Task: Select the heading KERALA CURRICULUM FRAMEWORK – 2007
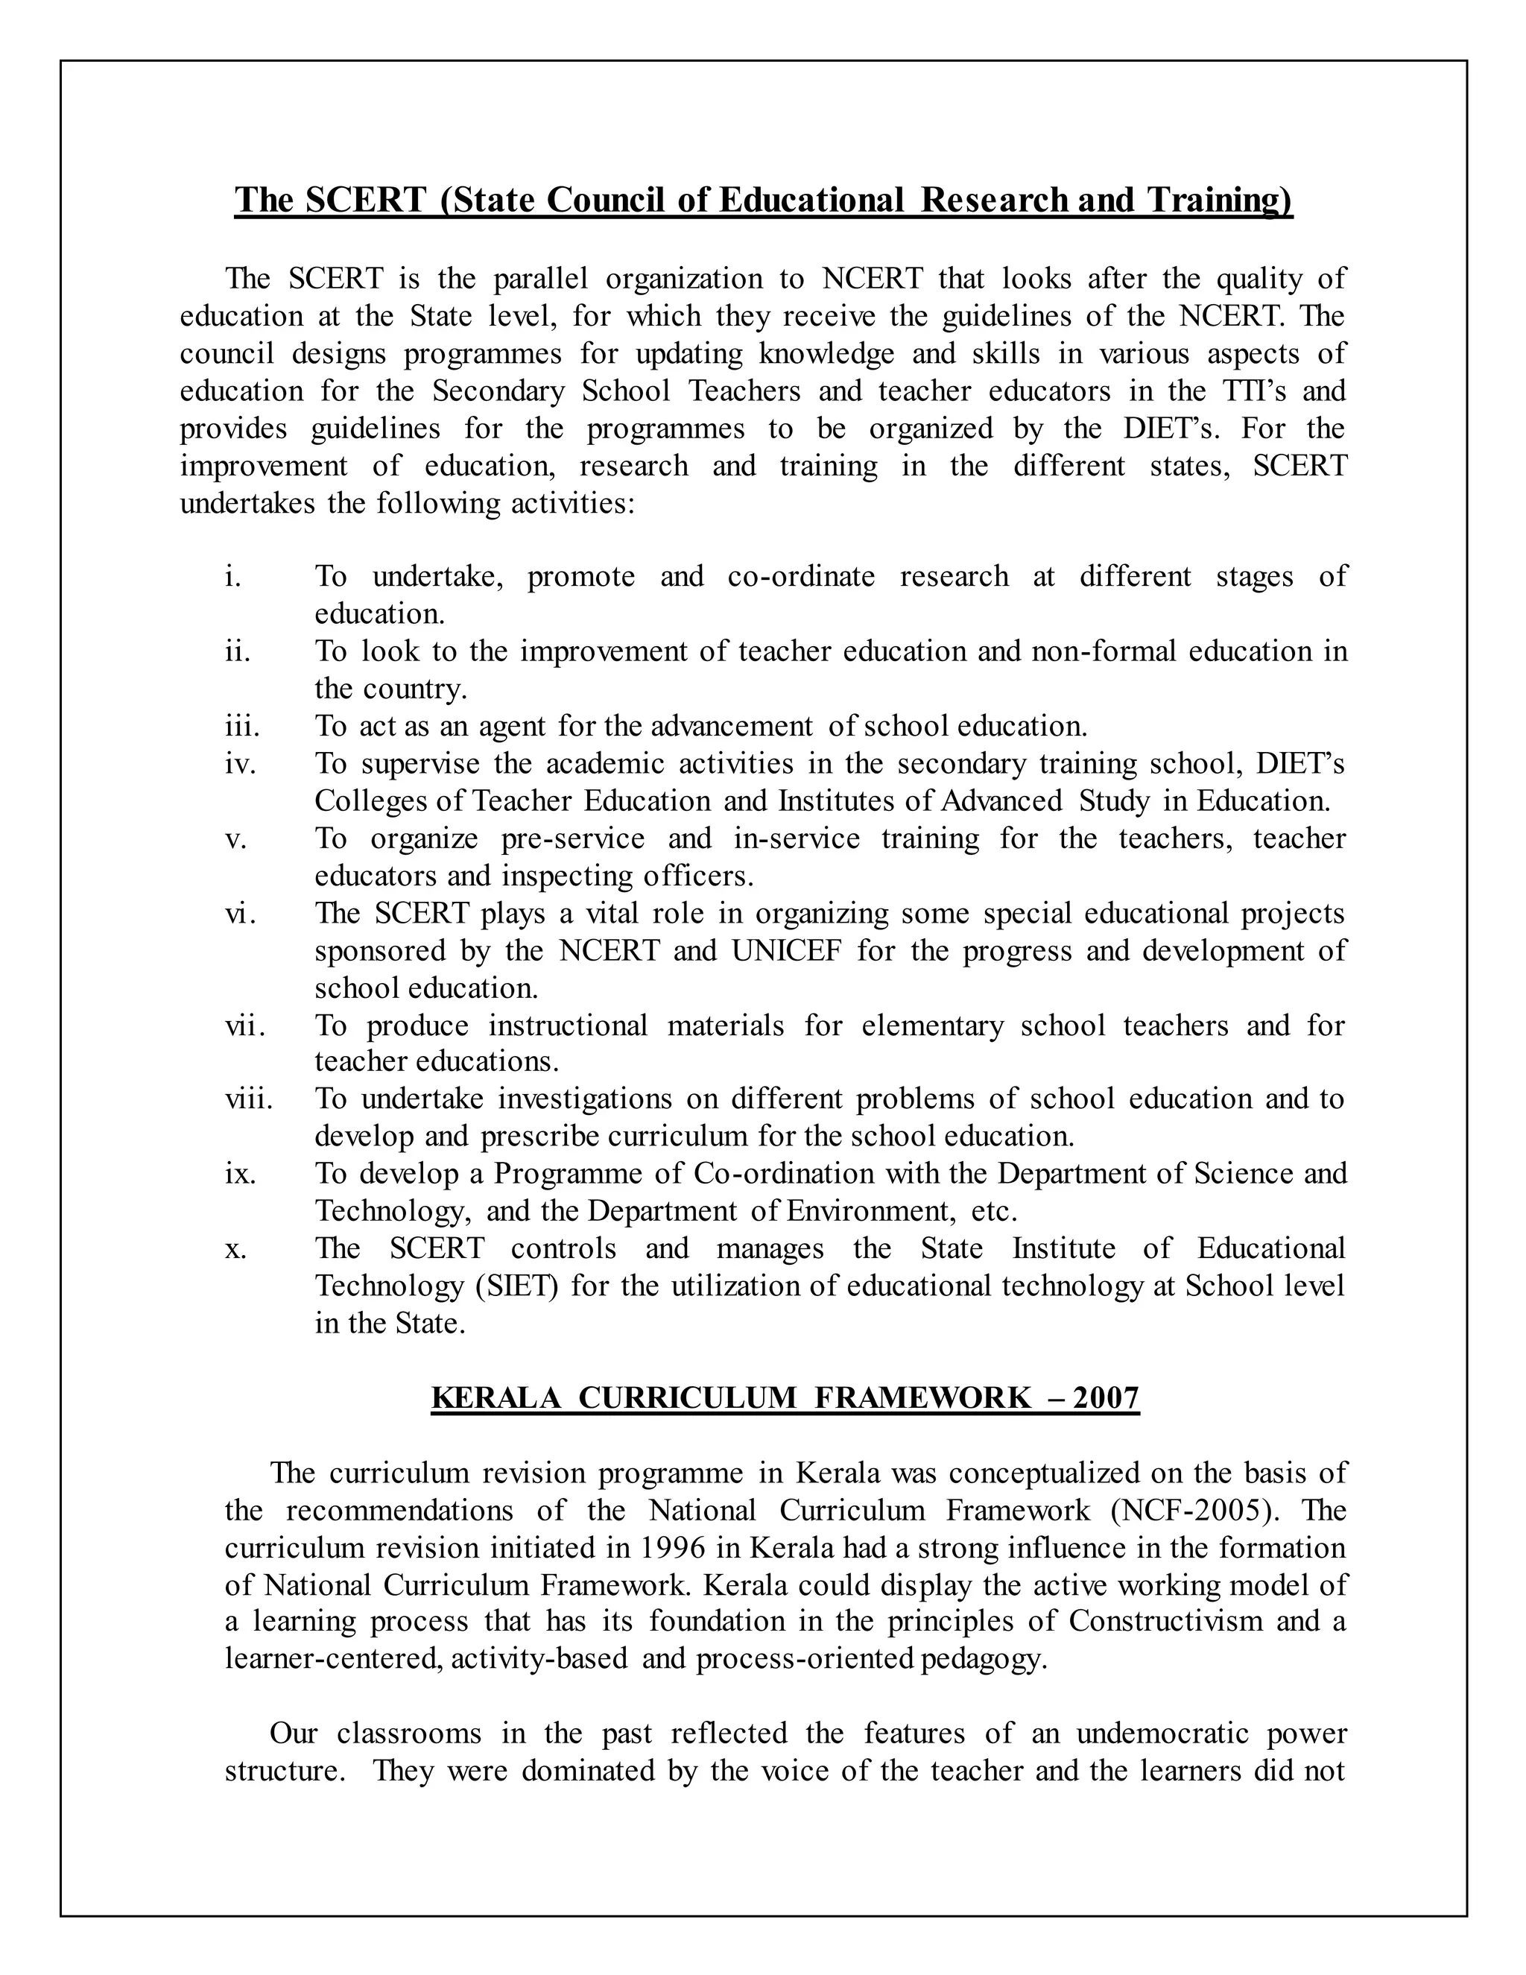click(x=785, y=1398)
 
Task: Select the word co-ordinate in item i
click(x=801, y=576)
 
